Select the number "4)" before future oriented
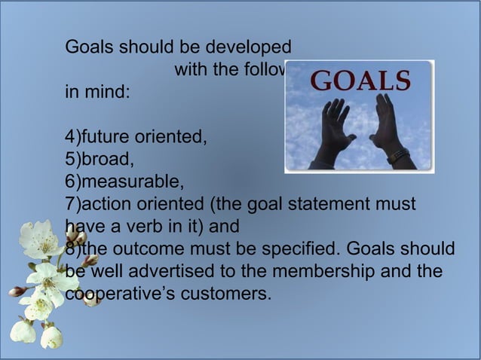73,137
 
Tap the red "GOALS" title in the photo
361,80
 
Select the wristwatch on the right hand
399,157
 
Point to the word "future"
106,137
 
